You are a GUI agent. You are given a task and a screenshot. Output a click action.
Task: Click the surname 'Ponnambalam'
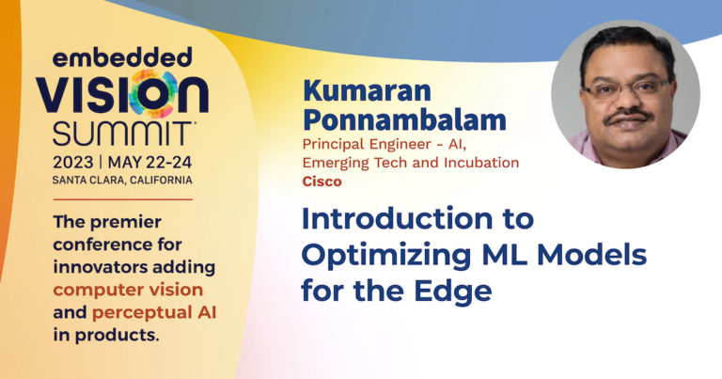(404, 119)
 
